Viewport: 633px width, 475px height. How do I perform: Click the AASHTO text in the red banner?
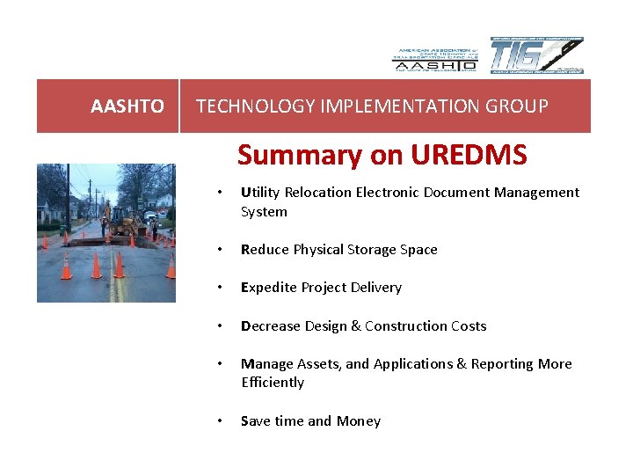point(127,106)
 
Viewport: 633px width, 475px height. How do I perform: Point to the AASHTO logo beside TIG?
point(434,58)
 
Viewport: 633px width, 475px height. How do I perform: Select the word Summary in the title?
point(287,155)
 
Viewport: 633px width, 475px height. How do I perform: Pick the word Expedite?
point(268,288)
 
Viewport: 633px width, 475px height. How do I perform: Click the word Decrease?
point(271,326)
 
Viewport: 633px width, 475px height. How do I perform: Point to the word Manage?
point(266,364)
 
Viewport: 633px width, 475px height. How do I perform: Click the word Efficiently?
point(273,383)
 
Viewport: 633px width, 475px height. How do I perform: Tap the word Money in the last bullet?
point(360,421)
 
